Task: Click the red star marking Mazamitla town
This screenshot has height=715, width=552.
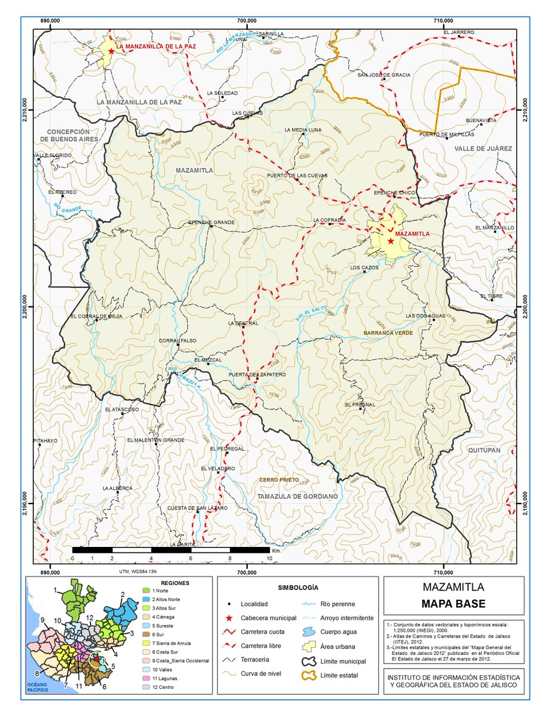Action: tap(391, 241)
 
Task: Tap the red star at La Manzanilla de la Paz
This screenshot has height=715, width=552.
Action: tap(111, 51)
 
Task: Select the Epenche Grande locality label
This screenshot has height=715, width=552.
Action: tap(211, 222)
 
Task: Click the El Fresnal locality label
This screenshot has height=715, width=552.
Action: tap(360, 405)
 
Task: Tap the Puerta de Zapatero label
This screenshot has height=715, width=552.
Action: tap(257, 374)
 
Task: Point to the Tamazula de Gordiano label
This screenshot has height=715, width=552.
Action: tap(297, 496)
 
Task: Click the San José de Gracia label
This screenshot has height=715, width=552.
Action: tap(383, 75)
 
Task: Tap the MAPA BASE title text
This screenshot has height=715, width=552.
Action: tap(453, 604)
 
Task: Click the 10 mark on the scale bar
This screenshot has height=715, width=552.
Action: tap(270, 558)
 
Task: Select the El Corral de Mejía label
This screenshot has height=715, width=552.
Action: tap(96, 316)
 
